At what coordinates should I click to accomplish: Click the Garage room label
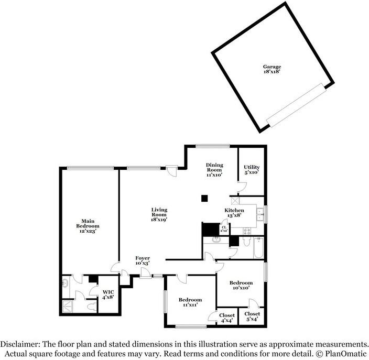272,69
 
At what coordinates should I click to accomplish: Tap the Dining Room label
214,170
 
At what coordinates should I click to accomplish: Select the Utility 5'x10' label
251,170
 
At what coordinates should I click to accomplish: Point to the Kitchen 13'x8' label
234,212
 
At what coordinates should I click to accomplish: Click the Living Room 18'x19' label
159,214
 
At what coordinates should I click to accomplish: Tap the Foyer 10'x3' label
143,261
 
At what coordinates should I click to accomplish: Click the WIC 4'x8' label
108,294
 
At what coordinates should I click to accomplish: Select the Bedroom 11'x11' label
189,302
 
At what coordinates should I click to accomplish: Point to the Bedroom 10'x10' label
241,285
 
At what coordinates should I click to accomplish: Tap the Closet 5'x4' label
252,317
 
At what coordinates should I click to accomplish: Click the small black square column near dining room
205,198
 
